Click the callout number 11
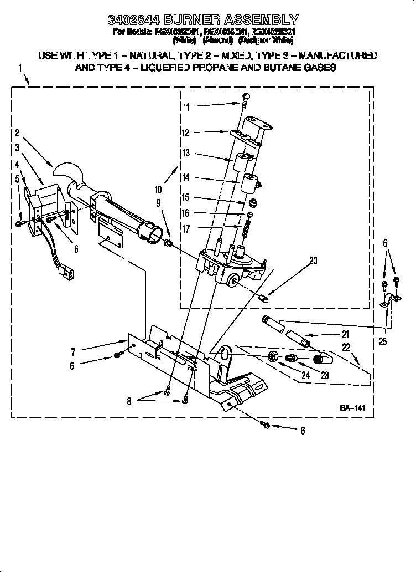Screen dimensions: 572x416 click(186, 107)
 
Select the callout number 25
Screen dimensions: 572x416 click(383, 342)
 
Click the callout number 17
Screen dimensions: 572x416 click(186, 228)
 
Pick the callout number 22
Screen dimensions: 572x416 click(346, 347)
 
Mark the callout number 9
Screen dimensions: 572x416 click(160, 203)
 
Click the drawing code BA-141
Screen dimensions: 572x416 click(353, 408)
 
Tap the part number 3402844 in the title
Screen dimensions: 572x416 click(131, 21)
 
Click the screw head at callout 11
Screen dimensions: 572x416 click(245, 98)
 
